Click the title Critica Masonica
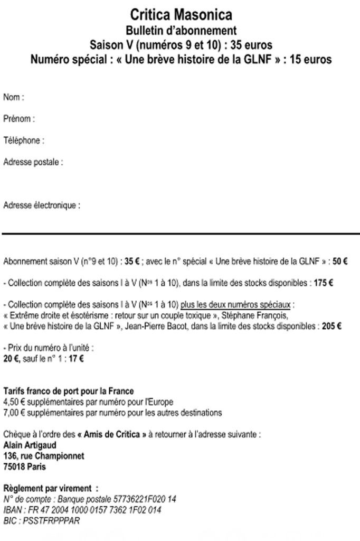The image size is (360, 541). click(x=181, y=14)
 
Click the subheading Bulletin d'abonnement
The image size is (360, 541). click(x=181, y=31)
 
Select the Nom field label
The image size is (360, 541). click(x=14, y=97)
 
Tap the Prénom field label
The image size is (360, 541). click(x=19, y=119)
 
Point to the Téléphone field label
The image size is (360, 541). click(x=23, y=141)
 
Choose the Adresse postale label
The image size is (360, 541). click(x=33, y=162)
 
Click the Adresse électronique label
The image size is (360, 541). click(x=42, y=206)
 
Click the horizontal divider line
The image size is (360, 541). click(x=180, y=233)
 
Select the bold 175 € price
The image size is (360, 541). click(x=323, y=283)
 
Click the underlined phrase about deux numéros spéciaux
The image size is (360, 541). click(x=237, y=305)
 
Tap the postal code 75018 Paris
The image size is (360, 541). click(x=24, y=467)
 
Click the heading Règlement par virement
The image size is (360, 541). click(x=51, y=488)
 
